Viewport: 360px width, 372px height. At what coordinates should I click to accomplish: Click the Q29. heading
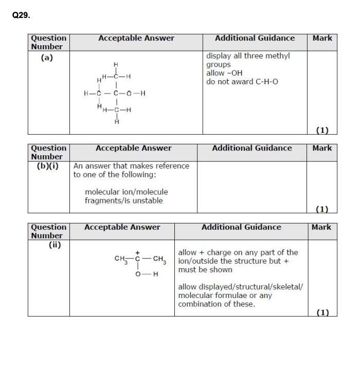tap(21, 15)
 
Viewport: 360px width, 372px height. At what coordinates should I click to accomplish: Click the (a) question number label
tap(47, 58)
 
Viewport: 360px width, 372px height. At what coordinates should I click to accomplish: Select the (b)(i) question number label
tap(47, 165)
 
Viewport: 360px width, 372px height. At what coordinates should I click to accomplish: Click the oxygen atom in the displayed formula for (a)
tap(131, 94)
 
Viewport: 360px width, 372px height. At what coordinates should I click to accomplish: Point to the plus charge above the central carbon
tap(137, 252)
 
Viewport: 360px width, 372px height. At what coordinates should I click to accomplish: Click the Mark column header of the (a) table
tap(322, 38)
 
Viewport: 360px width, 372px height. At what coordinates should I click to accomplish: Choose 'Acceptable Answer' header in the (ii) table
tap(122, 227)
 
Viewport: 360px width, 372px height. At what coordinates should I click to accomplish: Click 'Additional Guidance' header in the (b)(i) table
tap(251, 148)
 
